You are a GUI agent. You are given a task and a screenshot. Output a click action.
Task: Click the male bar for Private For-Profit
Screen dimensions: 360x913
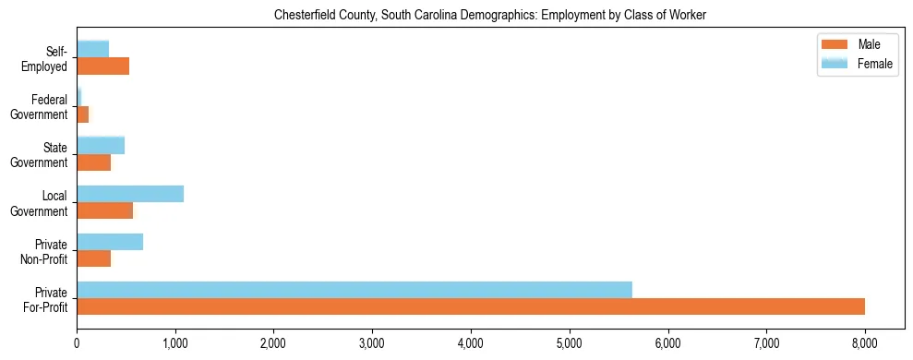tap(471, 306)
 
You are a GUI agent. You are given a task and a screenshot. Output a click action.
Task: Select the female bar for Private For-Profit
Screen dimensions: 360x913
tap(354, 290)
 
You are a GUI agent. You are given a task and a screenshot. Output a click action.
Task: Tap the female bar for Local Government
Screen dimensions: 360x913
tap(130, 194)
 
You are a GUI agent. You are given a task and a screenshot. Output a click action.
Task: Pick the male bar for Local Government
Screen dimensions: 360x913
tap(104, 210)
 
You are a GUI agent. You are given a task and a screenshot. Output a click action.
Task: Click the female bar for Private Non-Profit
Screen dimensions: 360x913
tap(110, 242)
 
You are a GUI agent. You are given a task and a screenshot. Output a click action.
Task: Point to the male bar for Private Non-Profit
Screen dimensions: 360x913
tap(93, 258)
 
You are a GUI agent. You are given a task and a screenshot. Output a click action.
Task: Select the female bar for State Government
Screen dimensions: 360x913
tap(101, 146)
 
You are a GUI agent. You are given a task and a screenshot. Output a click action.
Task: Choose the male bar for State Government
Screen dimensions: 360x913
tap(93, 162)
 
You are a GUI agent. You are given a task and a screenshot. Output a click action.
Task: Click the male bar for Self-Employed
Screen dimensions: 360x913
tap(102, 66)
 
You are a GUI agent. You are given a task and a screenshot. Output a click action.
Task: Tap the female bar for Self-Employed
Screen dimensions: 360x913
tap(92, 50)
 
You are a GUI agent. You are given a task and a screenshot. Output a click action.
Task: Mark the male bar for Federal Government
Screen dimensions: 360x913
tap(82, 114)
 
